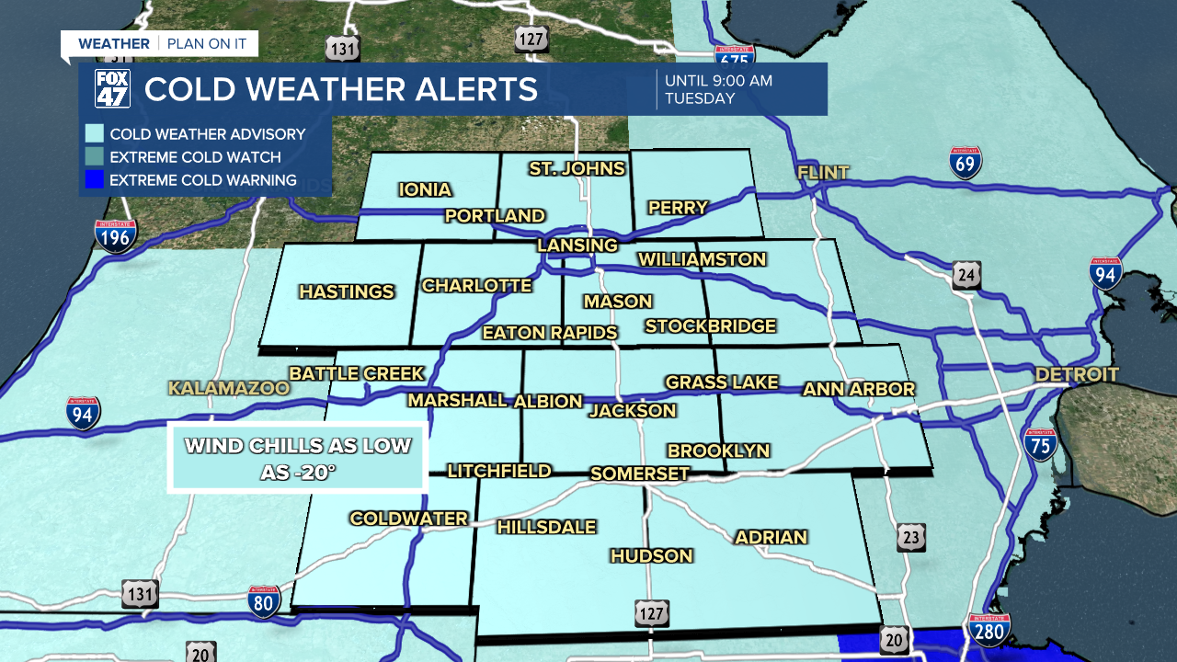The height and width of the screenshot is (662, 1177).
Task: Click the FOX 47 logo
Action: [x=113, y=89]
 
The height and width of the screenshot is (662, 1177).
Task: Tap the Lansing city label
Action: [x=577, y=245]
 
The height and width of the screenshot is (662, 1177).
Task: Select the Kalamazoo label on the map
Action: [x=229, y=388]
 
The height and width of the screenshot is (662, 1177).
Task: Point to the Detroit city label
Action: [x=1077, y=374]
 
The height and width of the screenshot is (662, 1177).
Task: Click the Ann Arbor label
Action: [x=859, y=389]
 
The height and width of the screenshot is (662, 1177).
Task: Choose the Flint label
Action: [x=823, y=172]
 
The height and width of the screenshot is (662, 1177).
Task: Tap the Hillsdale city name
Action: [x=546, y=527]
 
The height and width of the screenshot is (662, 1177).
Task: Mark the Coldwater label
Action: [x=408, y=519]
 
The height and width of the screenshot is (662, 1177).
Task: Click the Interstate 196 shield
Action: [x=115, y=236]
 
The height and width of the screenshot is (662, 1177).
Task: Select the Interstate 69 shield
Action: [x=966, y=162]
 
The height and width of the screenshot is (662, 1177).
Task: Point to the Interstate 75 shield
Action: [x=1041, y=445]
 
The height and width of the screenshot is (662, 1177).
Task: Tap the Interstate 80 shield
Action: [x=264, y=601]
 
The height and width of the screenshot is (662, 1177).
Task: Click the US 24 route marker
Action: [x=966, y=274]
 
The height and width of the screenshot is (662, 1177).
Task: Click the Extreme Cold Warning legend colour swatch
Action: [x=94, y=180]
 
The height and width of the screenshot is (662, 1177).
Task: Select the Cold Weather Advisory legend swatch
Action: [x=94, y=134]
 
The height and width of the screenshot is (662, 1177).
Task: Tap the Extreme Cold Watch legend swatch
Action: [x=94, y=157]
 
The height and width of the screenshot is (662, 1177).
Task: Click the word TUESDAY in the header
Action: [x=700, y=98]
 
